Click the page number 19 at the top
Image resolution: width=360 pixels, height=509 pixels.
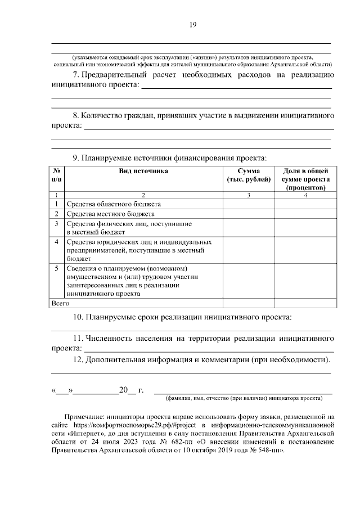pos(192,25)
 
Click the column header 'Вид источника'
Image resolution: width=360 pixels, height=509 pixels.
pos(143,171)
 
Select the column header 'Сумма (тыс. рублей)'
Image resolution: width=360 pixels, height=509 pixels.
pos(248,175)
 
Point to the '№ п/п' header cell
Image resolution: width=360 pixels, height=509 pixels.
pos(57,175)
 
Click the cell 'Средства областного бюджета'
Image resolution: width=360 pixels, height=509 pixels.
pos(114,204)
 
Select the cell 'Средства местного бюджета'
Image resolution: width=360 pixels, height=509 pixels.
pos(110,214)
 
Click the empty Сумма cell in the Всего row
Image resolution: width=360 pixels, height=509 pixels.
pos(248,303)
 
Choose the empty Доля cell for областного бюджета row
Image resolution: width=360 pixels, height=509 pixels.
pos(305,204)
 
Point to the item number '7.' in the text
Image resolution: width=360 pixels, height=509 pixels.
pos(76,75)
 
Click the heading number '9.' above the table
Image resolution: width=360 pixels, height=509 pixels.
pos(76,157)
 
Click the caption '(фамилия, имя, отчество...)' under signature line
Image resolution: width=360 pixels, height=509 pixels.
pos(243,398)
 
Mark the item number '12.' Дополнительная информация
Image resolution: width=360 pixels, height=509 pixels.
pos(79,359)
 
